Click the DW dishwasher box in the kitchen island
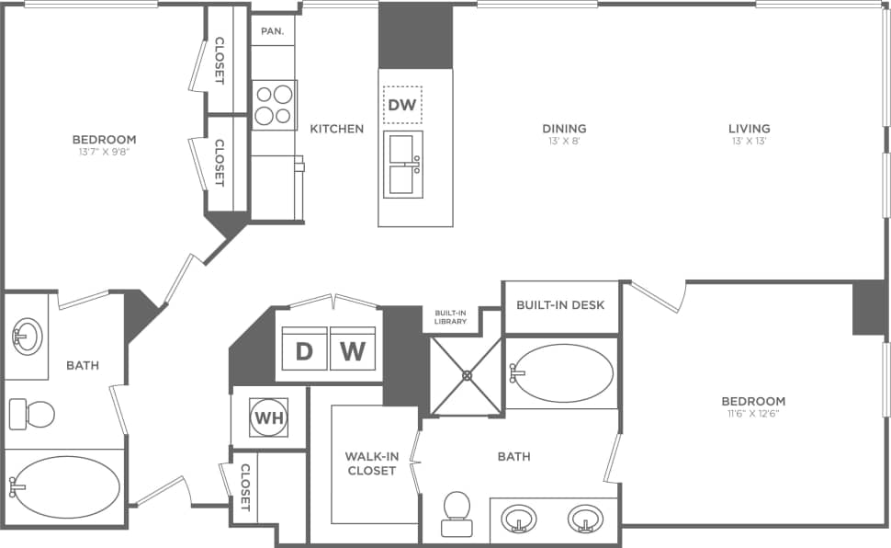point(402,105)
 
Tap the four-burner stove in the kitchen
point(274,105)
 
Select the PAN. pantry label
point(272,30)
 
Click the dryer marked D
point(303,350)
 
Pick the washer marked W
point(353,350)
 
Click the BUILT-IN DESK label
point(560,304)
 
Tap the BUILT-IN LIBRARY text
point(451,317)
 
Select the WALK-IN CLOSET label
point(370,463)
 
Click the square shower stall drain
point(467,375)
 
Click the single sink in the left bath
point(28,336)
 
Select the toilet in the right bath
point(456,511)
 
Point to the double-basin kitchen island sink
point(404,165)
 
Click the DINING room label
point(564,129)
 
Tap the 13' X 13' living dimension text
point(749,142)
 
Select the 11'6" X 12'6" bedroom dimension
point(752,414)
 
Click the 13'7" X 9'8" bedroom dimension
point(104,153)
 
